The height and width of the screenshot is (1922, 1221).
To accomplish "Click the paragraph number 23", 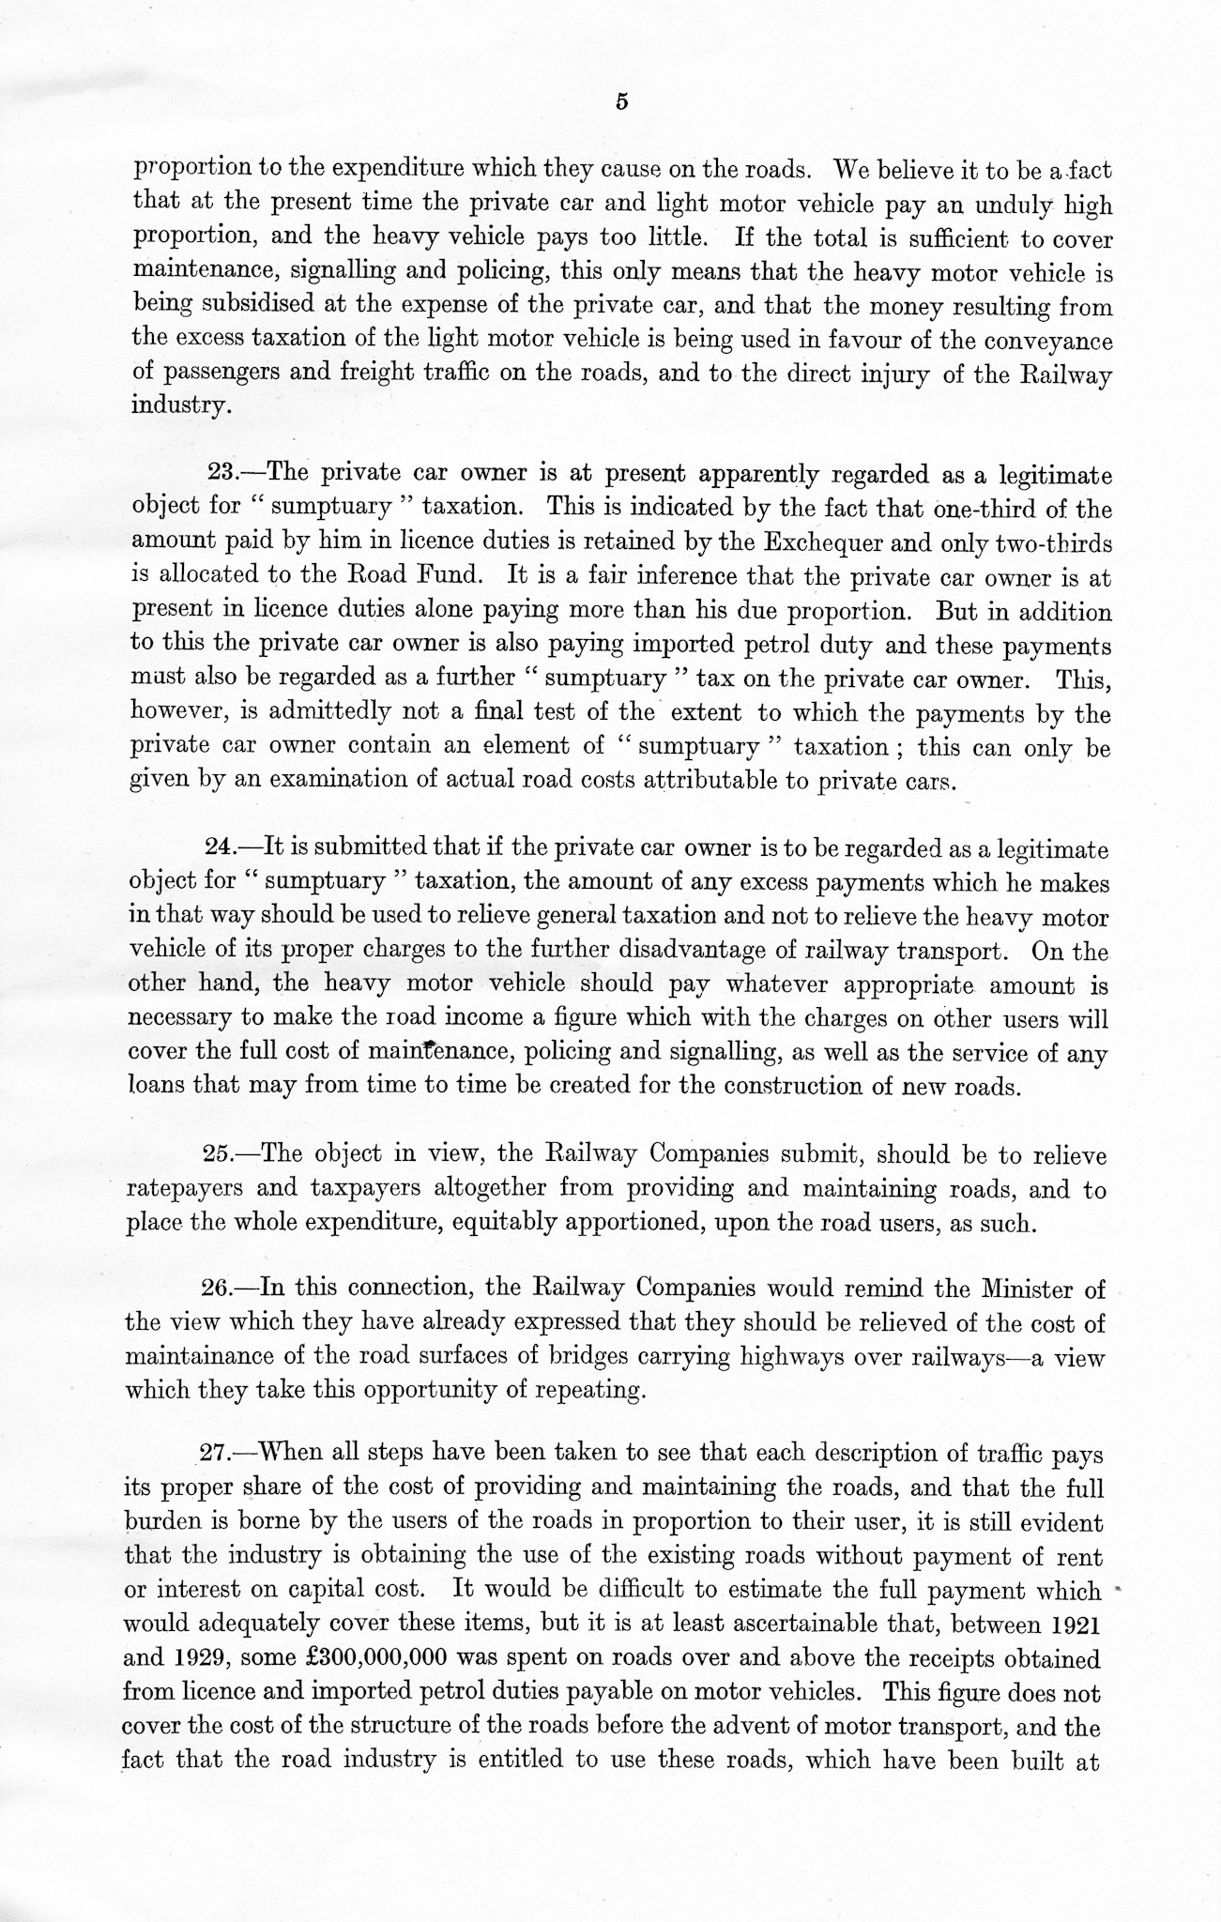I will click(221, 474).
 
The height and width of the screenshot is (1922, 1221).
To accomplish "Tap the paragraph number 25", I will click(221, 1154).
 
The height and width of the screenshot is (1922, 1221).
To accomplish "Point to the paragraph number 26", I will click(221, 1289).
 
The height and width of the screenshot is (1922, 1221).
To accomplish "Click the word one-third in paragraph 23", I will click(978, 509).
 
